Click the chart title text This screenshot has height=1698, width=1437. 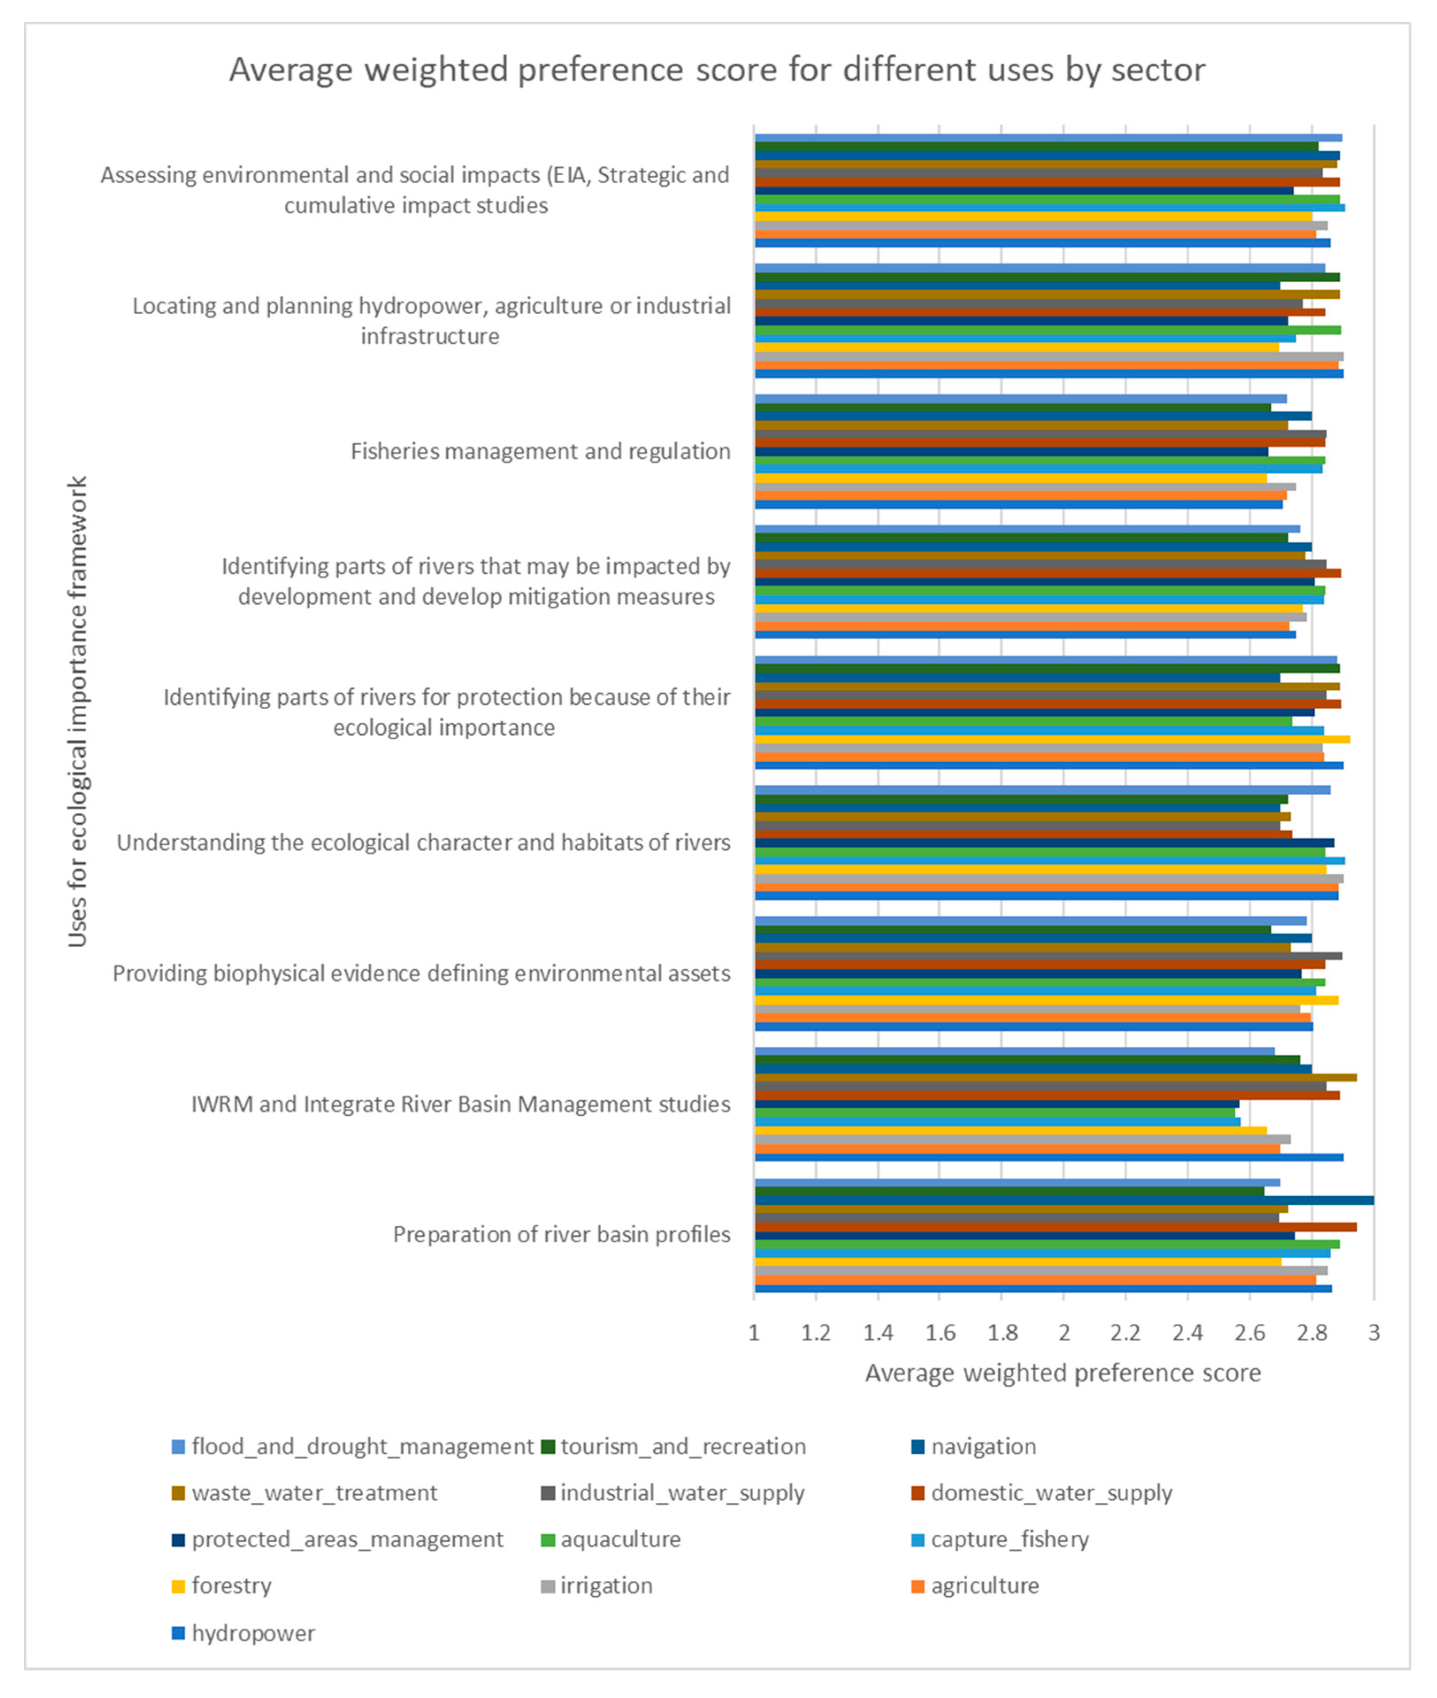click(x=717, y=70)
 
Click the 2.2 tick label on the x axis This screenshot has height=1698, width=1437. click(x=1125, y=1333)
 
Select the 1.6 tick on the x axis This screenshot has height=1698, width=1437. click(x=939, y=1333)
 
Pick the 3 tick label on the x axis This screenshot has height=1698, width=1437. click(x=1373, y=1333)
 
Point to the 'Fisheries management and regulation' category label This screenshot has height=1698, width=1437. click(x=540, y=451)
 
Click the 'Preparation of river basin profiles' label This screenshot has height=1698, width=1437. click(x=561, y=1234)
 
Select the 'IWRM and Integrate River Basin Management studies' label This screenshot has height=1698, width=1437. click(x=460, y=1104)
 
